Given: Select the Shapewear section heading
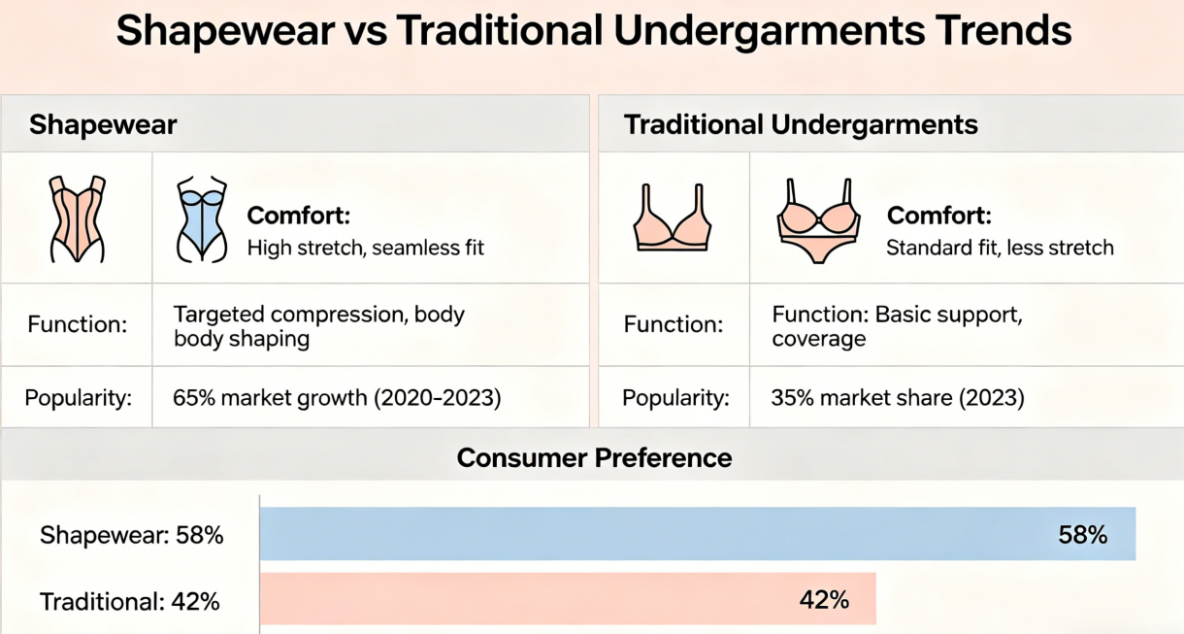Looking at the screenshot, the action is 103,125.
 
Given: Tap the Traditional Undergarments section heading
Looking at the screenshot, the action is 801,125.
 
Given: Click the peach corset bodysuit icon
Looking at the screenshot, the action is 78,218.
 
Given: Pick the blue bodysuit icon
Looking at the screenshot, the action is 202,218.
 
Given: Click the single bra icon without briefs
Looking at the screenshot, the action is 673,217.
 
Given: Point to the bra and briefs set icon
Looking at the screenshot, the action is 818,221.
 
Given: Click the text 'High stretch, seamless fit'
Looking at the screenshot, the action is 365,248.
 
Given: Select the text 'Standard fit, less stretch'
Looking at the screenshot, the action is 1000,248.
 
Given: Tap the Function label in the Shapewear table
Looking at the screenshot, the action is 78,324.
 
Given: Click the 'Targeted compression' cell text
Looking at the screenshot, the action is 318,326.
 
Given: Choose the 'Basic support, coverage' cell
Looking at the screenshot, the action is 897,326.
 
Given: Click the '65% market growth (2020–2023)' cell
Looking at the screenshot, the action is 337,398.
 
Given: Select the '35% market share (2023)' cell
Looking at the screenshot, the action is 898,398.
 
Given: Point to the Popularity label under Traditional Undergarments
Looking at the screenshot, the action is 675,398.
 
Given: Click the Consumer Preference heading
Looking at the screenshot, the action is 594,458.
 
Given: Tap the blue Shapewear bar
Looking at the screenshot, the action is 698,534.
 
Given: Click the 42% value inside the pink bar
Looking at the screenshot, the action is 824,600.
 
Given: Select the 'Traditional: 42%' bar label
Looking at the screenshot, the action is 129,602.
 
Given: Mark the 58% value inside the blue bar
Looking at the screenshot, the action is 1082,535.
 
